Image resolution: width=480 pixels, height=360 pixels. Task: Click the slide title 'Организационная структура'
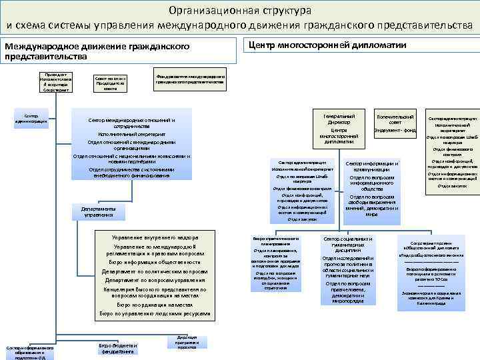(240, 11)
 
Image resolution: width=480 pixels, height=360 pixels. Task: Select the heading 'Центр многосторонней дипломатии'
(327, 45)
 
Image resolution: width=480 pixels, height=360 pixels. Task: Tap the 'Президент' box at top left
(47, 81)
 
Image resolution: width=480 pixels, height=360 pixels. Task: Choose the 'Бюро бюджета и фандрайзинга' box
(117, 348)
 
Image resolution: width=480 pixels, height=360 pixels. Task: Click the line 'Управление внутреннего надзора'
(155, 238)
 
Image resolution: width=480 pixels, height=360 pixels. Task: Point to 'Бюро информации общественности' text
(155, 262)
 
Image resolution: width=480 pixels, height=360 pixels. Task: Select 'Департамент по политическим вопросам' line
(155, 272)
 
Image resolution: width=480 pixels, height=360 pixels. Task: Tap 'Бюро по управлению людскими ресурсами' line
(155, 313)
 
